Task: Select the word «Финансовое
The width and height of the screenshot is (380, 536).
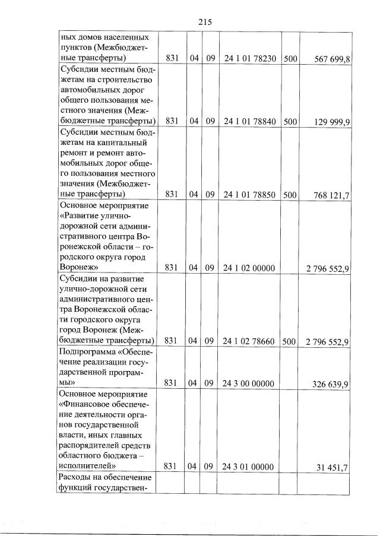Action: click(x=88, y=404)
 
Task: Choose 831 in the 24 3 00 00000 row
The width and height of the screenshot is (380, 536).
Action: click(x=172, y=383)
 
